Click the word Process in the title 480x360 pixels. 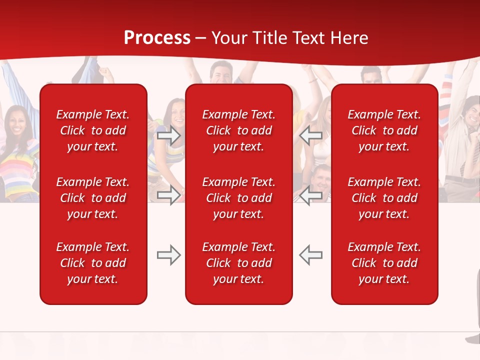click(157, 38)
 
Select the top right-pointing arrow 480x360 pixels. click(168, 135)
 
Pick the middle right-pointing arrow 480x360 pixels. click(168, 194)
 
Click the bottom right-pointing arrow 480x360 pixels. click(168, 255)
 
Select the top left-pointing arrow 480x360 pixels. click(311, 135)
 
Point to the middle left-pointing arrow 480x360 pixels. click(311, 194)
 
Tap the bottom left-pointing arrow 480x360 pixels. click(311, 255)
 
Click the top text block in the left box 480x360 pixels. click(93, 130)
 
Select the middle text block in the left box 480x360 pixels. click(93, 198)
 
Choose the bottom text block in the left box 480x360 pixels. click(93, 263)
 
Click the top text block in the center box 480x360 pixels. click(238, 130)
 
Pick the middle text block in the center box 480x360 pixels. click(238, 198)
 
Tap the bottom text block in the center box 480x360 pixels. click(238, 263)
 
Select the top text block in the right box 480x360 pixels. click(384, 130)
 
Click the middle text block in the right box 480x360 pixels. click(384, 198)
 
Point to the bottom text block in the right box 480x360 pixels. click(384, 263)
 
